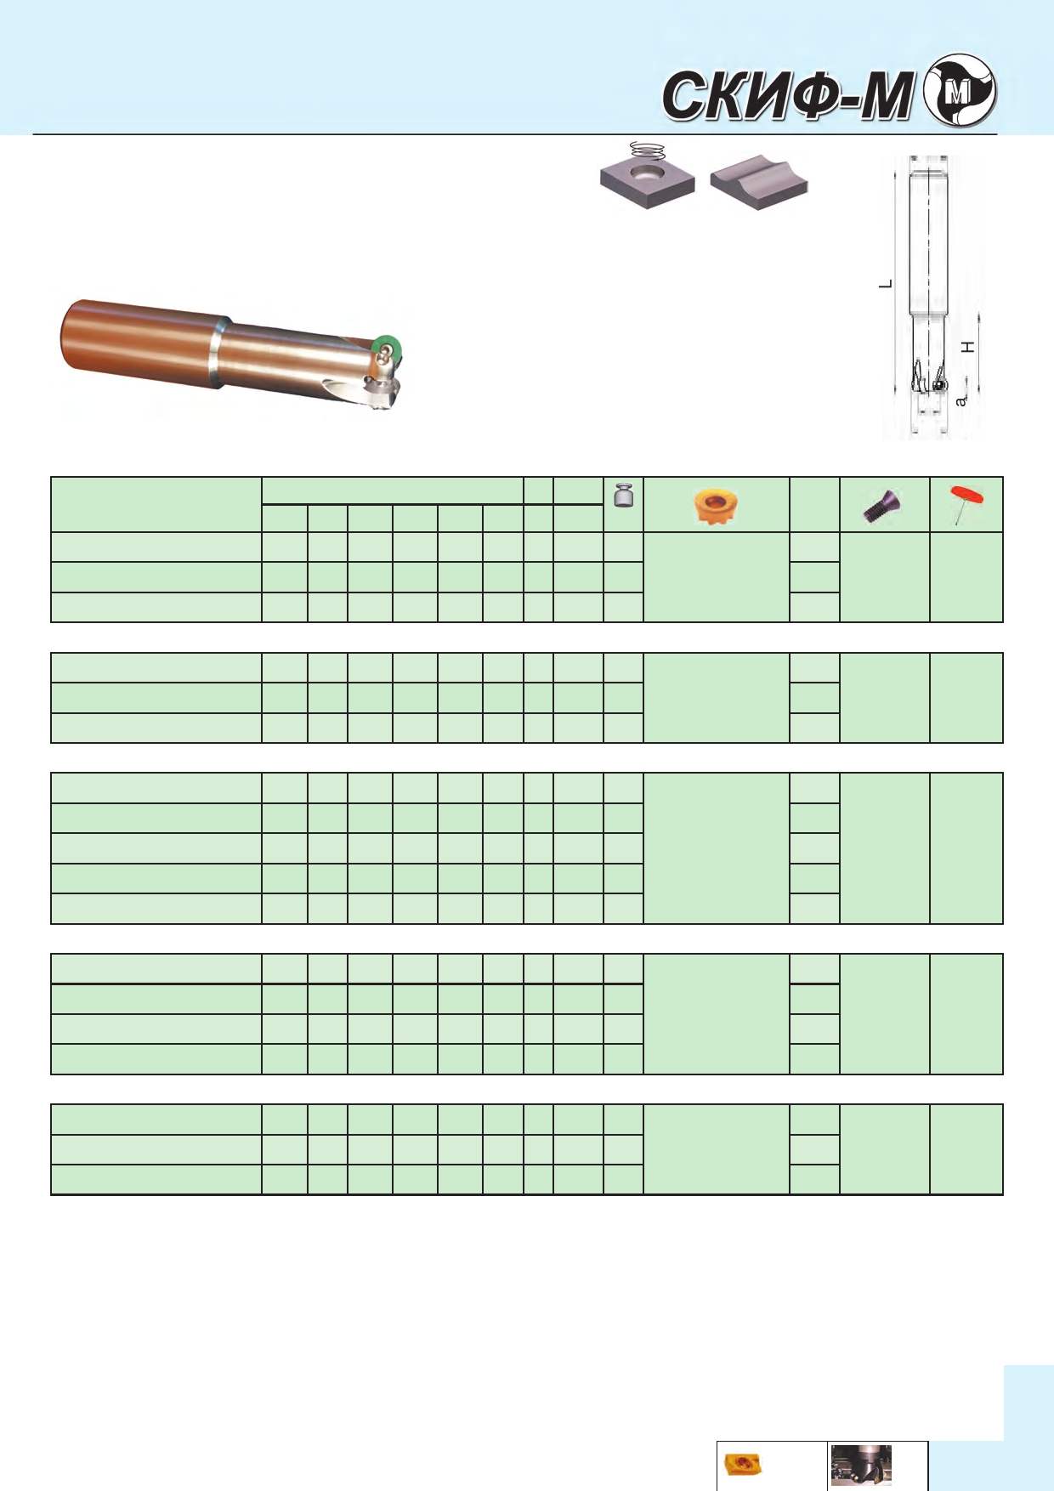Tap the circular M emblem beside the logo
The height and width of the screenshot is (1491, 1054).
point(960,91)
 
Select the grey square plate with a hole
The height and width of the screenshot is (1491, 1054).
point(648,181)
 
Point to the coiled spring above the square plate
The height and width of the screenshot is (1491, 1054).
point(648,150)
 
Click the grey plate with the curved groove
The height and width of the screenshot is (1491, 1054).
point(759,182)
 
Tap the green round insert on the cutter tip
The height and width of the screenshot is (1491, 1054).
point(388,348)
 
